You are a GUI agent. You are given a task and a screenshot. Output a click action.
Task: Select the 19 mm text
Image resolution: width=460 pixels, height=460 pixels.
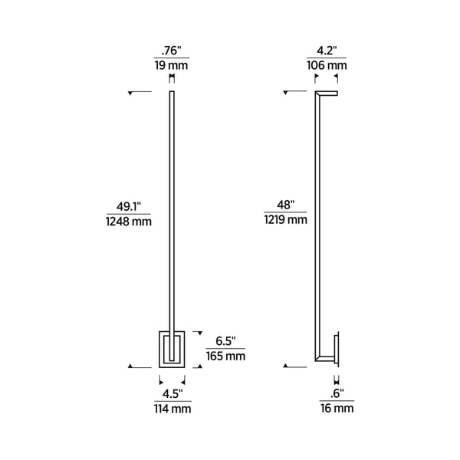(x=172, y=66)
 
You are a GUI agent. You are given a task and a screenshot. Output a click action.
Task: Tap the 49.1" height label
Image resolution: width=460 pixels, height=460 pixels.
(x=128, y=206)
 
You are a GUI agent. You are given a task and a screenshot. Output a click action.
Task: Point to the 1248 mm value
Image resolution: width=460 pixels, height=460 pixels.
(x=128, y=222)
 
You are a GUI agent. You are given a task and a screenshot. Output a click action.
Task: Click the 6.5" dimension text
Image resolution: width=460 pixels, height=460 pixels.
(x=225, y=340)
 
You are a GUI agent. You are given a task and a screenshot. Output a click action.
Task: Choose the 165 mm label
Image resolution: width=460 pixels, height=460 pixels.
(x=225, y=356)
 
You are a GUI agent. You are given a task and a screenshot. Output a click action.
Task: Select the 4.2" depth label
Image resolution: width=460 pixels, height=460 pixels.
(x=327, y=52)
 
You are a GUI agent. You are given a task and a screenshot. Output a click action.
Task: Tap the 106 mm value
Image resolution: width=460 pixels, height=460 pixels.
(x=327, y=66)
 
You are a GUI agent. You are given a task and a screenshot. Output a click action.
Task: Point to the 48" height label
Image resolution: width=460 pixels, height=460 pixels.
(x=287, y=205)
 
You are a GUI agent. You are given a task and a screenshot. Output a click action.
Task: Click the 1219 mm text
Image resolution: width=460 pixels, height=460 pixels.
(x=287, y=220)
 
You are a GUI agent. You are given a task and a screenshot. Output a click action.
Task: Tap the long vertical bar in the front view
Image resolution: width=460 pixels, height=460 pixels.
(x=172, y=215)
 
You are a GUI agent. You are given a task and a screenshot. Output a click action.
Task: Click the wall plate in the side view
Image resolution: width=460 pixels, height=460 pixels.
(x=337, y=349)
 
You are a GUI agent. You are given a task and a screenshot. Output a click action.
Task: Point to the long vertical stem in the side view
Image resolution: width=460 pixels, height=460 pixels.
(x=317, y=222)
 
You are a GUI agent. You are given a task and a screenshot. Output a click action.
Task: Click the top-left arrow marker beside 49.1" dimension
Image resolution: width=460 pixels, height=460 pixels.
(x=134, y=94)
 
